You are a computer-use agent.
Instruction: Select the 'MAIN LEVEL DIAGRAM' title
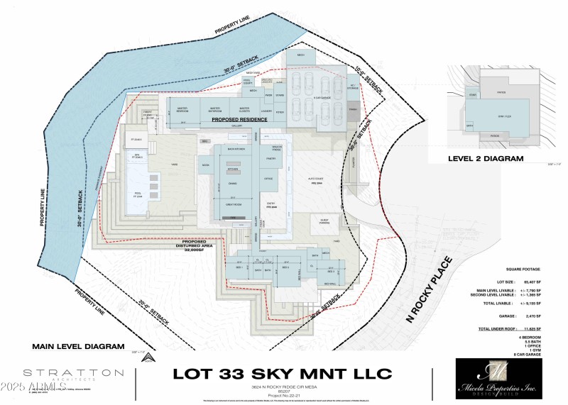coord(74,348)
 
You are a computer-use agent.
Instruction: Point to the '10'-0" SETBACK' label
coord(367,79)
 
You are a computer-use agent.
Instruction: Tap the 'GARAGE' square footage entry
coord(522,316)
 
